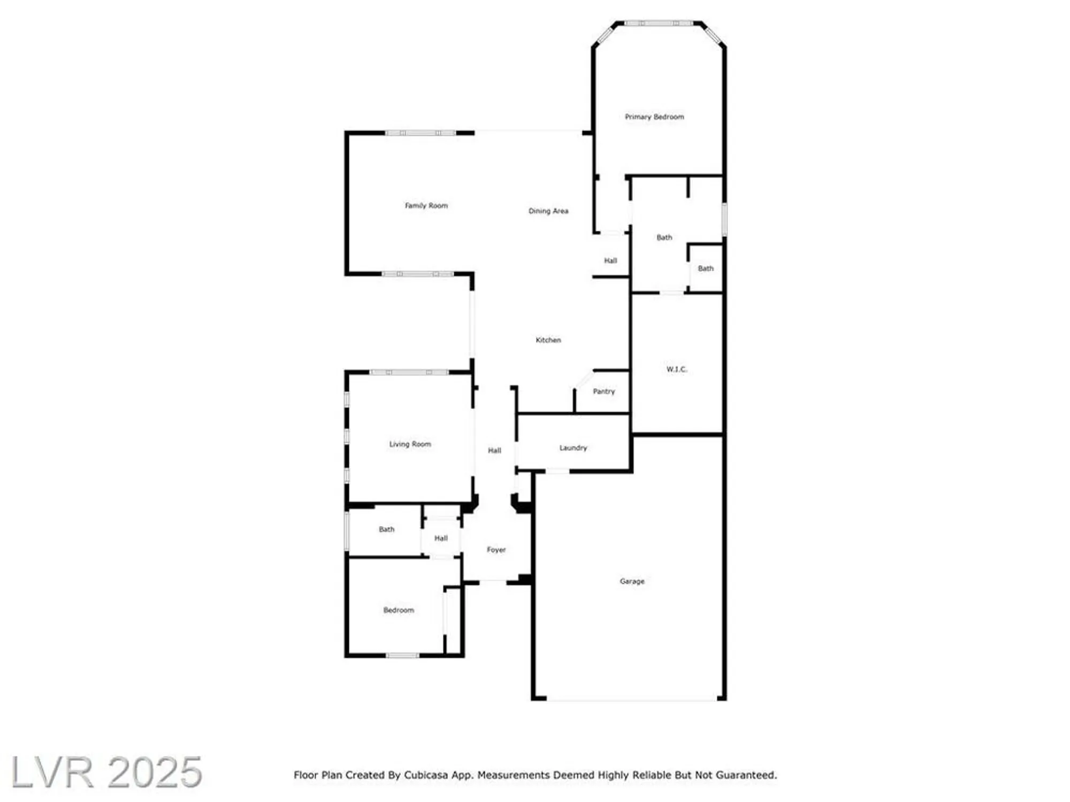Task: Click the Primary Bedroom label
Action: point(654,117)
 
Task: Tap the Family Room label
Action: point(426,205)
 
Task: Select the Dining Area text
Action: point(548,211)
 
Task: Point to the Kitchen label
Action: point(548,340)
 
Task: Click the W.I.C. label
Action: point(677,369)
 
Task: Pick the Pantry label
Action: point(604,391)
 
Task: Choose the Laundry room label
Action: point(573,448)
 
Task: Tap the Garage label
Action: point(632,581)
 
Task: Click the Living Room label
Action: point(410,444)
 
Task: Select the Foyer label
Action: point(496,549)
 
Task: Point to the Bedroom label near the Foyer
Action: point(399,610)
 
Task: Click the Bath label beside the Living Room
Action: point(386,529)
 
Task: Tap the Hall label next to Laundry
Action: point(494,450)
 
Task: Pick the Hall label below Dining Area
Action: point(610,260)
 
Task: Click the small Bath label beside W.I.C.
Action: point(706,268)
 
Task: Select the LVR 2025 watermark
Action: point(106,772)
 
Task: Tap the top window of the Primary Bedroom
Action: point(659,23)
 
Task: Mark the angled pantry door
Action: point(584,379)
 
